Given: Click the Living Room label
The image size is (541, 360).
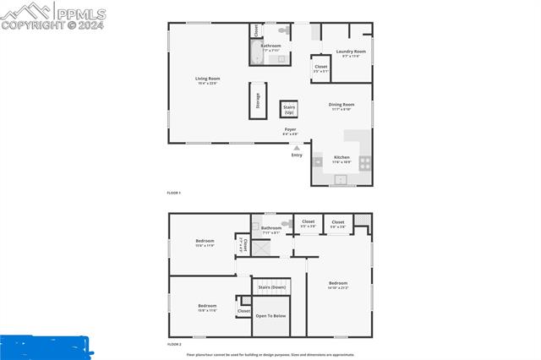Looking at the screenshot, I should (207, 80).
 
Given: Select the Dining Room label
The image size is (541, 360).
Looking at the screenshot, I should (342, 106).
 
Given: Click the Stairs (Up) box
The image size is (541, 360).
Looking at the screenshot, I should (288, 110).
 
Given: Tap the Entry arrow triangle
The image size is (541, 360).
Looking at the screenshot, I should (296, 148).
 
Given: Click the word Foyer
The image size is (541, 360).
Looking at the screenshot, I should (289, 129).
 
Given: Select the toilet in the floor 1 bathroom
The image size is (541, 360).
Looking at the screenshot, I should (284, 31).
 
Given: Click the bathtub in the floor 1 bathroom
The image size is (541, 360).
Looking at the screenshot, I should (255, 55).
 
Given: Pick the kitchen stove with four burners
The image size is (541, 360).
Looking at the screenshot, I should (364, 161).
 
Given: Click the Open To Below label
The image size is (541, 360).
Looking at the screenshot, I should (270, 316).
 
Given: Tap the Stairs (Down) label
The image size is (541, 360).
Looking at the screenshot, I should (271, 287).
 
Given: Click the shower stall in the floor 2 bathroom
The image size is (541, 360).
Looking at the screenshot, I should (264, 248).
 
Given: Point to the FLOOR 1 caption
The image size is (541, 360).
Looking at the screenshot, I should (174, 194).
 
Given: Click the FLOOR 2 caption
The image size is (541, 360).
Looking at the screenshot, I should (174, 345).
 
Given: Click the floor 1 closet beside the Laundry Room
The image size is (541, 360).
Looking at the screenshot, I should (320, 68).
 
